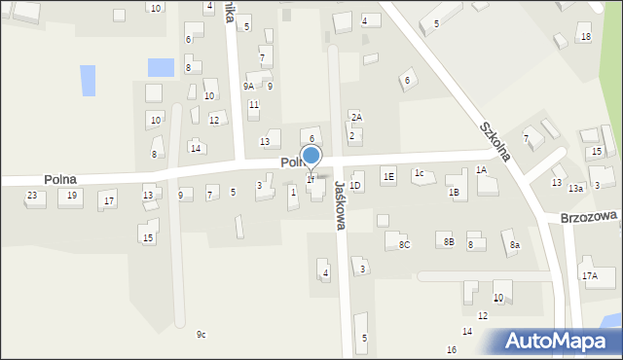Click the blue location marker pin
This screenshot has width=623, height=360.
[x=311, y=157]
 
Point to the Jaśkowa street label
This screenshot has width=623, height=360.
[x=341, y=204]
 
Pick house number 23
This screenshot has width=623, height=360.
[x=32, y=196]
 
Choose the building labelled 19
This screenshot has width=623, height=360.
[x=71, y=196]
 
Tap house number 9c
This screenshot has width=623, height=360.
[x=202, y=335]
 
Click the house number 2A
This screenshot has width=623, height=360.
[x=356, y=117]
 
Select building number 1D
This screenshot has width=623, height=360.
[x=355, y=185]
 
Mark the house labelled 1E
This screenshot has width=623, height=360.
[x=388, y=176]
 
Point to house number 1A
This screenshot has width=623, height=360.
[x=481, y=170]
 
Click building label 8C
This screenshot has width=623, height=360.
[x=404, y=245]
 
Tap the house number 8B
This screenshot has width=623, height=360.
[x=449, y=240]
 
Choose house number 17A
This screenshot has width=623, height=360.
[x=590, y=276]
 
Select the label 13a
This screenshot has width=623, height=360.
[x=576, y=188]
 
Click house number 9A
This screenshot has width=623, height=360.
[x=248, y=86]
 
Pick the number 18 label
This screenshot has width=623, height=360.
[x=585, y=37]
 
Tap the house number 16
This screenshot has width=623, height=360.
[x=452, y=349]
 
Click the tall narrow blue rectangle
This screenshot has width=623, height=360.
[x=89, y=80]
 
